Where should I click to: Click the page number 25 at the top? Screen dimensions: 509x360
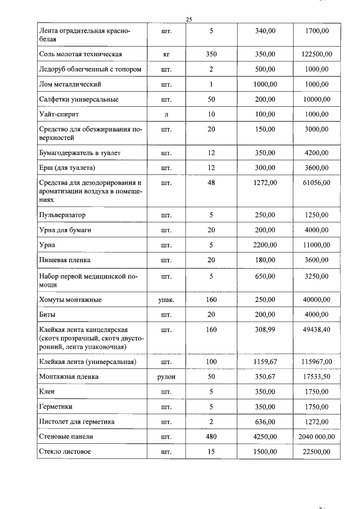[x=189, y=19]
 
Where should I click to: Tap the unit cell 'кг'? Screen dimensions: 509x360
[x=166, y=55]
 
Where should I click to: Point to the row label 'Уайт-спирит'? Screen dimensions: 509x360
[x=59, y=114]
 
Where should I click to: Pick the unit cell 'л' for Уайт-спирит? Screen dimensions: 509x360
[x=166, y=114]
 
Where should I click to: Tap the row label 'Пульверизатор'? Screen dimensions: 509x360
[x=62, y=215]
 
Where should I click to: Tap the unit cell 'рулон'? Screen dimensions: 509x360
[x=166, y=377]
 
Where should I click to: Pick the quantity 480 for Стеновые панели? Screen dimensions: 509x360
[x=211, y=436]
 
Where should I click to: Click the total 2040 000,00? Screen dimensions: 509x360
[x=316, y=436]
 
